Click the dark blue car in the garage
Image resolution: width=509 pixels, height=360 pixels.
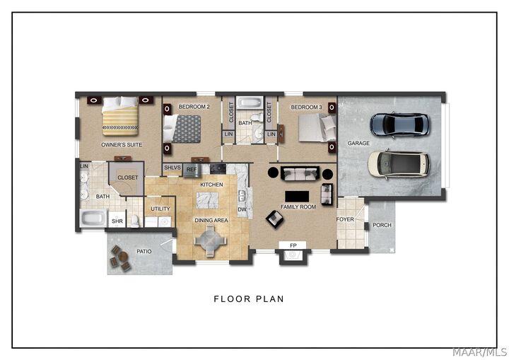[399, 124]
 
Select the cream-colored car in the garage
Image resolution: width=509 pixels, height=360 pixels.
[399, 164]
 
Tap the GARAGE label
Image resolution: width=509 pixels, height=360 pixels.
[358, 143]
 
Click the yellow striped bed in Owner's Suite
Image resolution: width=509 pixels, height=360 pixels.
[119, 116]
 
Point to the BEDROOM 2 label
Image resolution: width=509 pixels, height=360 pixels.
[194, 107]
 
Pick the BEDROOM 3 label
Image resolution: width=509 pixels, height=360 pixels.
[306, 107]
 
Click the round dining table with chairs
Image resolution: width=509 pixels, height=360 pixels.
[210, 241]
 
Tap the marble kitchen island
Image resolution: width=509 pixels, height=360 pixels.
[207, 200]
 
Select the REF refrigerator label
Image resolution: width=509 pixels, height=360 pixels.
[192, 170]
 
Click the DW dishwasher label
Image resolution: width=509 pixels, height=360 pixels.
[242, 209]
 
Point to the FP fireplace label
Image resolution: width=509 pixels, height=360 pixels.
[293, 245]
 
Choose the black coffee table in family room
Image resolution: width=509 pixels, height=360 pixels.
[297, 197]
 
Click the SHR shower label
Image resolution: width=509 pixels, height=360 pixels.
[117, 221]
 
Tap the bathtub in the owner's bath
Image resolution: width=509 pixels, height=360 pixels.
[93, 218]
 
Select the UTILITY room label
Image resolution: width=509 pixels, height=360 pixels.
[160, 209]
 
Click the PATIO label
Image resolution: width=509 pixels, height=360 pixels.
[144, 251]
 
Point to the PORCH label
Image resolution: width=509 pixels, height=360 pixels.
[382, 225]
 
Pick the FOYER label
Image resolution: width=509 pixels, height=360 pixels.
[345, 219]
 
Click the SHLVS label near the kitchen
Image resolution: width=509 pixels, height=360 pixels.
[172, 168]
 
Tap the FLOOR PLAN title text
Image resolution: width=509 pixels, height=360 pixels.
[249, 299]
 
